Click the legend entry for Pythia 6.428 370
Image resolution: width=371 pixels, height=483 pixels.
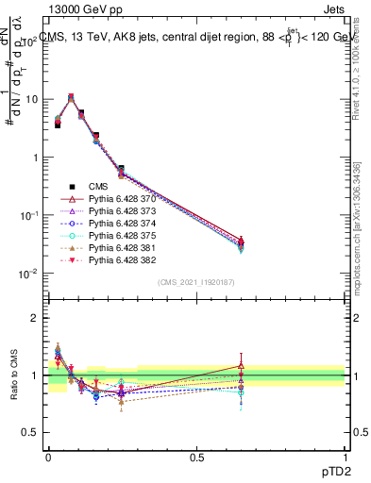pyautogui.click(x=117, y=199)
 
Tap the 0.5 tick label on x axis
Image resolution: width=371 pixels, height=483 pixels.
pyautogui.click(x=196, y=454)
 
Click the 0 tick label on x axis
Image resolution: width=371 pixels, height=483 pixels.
pyautogui.click(x=48, y=454)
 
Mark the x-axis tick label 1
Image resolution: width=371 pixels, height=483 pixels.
pyautogui.click(x=345, y=454)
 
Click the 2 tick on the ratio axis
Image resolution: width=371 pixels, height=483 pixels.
pyautogui.click(x=35, y=318)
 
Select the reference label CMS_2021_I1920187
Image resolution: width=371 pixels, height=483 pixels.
pyautogui.click(x=196, y=282)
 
